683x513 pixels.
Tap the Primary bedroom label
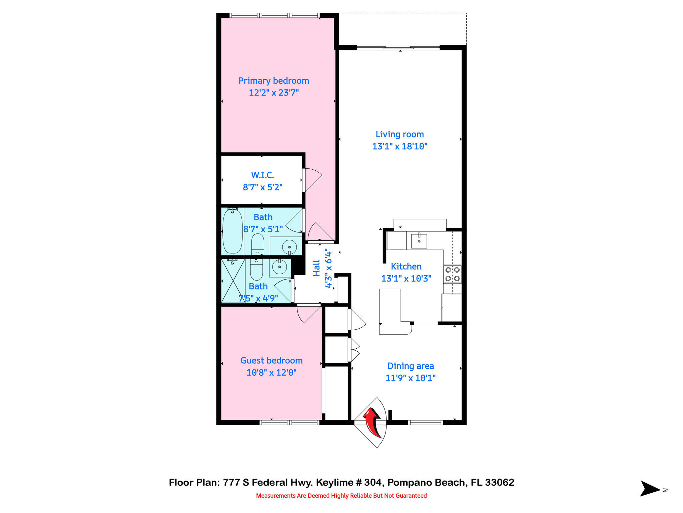tap(273, 81)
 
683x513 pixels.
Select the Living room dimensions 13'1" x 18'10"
tap(400, 146)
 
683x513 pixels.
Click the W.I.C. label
tap(262, 175)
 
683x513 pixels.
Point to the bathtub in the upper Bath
tap(232, 231)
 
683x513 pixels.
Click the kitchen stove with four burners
tap(453, 274)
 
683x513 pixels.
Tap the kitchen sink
tap(419, 241)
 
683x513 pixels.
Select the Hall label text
tap(316, 268)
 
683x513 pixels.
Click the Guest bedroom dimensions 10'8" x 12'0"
tap(271, 372)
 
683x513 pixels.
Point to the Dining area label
tap(410, 366)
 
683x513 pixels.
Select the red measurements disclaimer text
tap(341, 496)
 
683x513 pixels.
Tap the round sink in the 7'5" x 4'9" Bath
tap(279, 267)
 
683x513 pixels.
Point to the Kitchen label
tap(406, 267)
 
